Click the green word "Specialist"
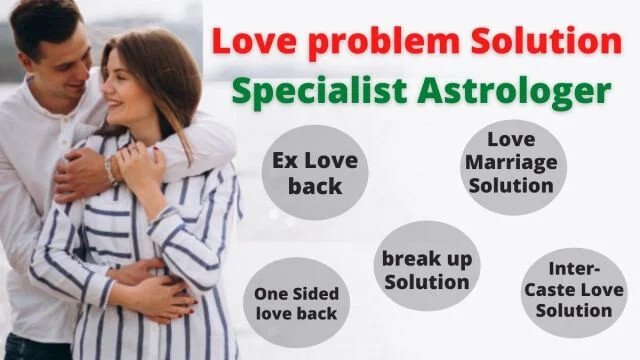pyautogui.click(x=319, y=91)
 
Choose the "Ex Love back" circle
pyautogui.click(x=315, y=172)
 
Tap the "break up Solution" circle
pyautogui.click(x=427, y=266)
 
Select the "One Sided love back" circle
pyautogui.click(x=296, y=302)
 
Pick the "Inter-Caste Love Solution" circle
pyautogui.click(x=574, y=293)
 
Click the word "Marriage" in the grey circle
pyautogui.click(x=511, y=163)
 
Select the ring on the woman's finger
pyautogui.click(x=133, y=149)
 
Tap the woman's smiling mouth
pyautogui.click(x=114, y=104)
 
